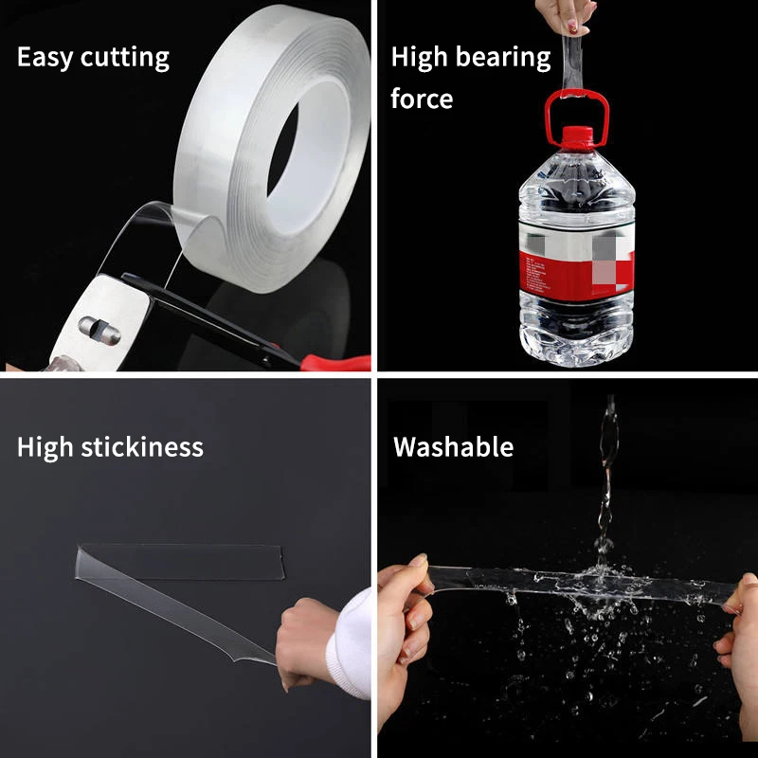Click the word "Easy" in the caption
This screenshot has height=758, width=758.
(45, 58)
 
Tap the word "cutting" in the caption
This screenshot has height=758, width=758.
(124, 58)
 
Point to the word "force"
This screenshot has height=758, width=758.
(422, 98)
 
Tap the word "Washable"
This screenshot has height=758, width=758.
(453, 446)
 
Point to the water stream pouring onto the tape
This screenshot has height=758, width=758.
(605, 483)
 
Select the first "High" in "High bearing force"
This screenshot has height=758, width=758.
(417, 58)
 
